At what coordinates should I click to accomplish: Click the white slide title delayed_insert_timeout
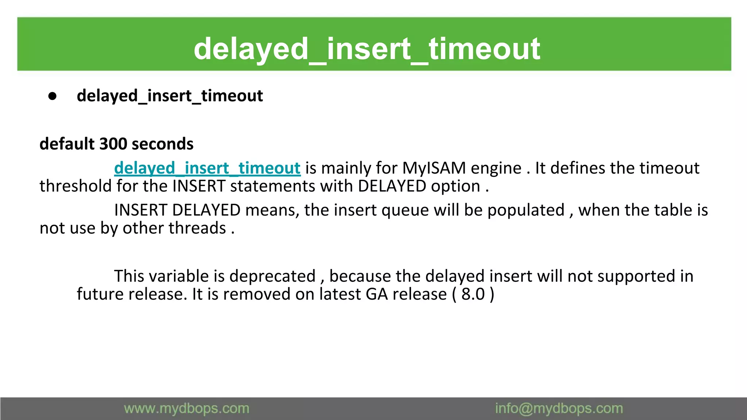click(x=367, y=49)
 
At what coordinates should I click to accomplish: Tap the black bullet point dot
click(x=53, y=96)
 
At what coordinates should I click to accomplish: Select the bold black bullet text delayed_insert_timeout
click(x=170, y=96)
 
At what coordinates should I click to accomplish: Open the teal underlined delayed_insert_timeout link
click(x=207, y=168)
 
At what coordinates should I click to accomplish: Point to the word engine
click(x=496, y=168)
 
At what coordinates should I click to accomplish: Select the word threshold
click(x=76, y=186)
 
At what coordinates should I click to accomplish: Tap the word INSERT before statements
click(x=199, y=186)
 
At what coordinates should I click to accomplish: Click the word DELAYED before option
click(x=392, y=186)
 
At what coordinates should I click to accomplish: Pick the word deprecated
click(x=272, y=276)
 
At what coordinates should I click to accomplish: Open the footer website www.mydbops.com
click(x=186, y=409)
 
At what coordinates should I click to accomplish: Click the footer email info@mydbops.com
click(x=559, y=409)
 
